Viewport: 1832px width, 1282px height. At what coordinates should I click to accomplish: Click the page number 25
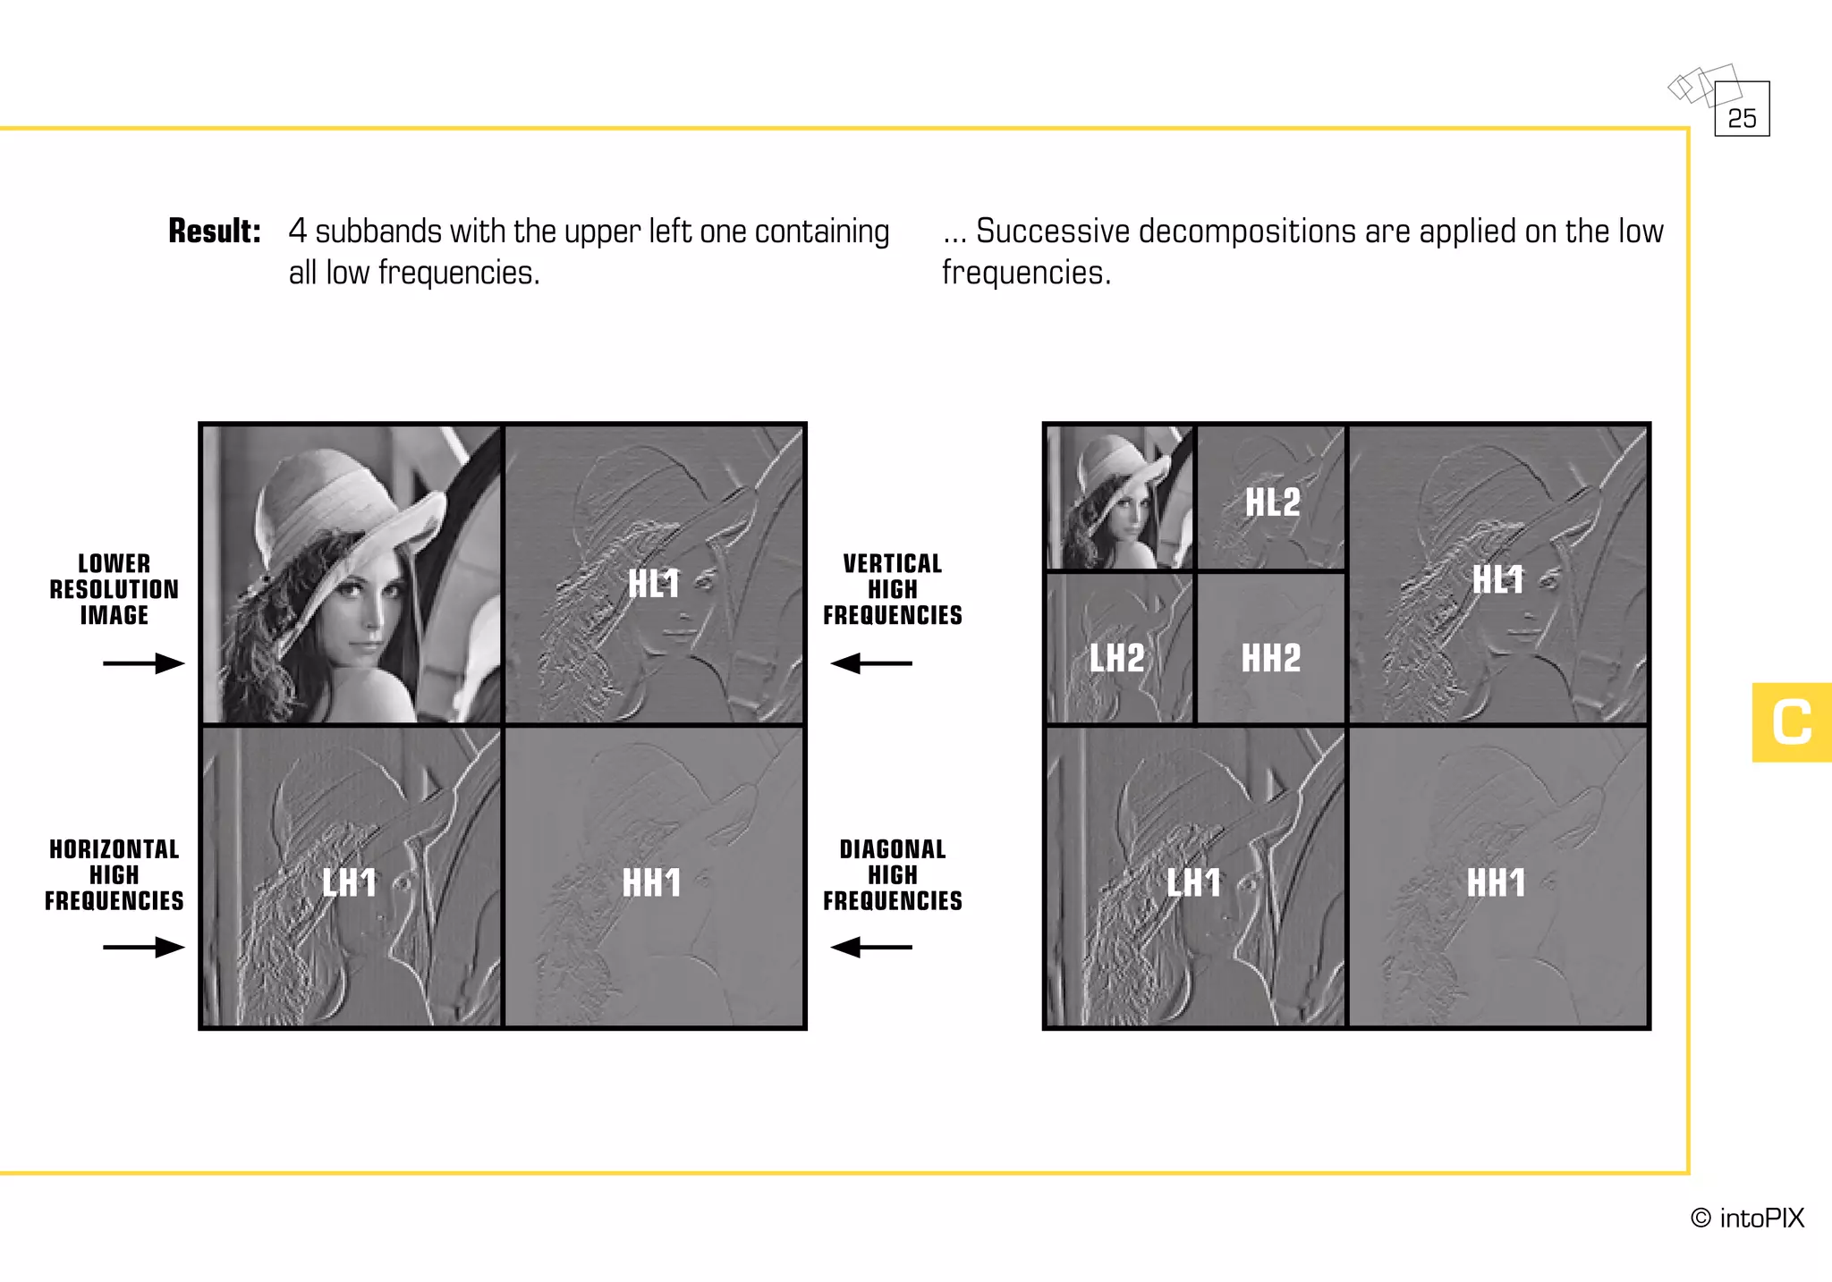[x=1742, y=118]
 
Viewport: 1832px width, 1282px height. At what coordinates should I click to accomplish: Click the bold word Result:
[x=215, y=231]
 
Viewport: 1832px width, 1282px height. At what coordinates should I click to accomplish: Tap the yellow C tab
[x=1792, y=722]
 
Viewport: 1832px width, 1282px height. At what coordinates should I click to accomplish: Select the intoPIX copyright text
[x=1747, y=1218]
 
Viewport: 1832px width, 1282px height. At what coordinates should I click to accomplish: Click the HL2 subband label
[x=1273, y=502]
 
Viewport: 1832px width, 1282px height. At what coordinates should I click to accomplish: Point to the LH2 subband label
[x=1117, y=658]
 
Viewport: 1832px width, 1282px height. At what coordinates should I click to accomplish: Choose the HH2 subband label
[x=1271, y=658]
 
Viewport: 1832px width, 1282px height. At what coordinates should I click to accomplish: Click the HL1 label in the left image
[x=654, y=584]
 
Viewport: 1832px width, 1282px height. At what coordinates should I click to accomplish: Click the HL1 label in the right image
[x=1498, y=579]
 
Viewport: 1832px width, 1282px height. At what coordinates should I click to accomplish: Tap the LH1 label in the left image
[x=349, y=883]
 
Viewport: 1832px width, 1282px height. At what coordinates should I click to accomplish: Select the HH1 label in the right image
[x=1497, y=883]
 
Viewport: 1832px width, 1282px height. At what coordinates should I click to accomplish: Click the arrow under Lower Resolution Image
[x=144, y=663]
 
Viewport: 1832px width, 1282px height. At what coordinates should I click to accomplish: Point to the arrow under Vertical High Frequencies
[x=871, y=663]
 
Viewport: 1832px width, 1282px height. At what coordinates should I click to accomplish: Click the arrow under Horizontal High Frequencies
[x=144, y=947]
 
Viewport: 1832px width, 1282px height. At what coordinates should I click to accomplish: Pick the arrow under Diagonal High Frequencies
[x=871, y=947]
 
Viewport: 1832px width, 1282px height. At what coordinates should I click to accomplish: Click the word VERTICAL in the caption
[x=893, y=564]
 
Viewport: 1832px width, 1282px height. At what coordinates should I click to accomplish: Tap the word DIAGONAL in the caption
[x=893, y=849]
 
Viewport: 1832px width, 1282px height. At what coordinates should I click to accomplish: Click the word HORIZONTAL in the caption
[x=114, y=849]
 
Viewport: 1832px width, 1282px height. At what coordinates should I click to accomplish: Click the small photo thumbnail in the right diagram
[x=1119, y=497]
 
